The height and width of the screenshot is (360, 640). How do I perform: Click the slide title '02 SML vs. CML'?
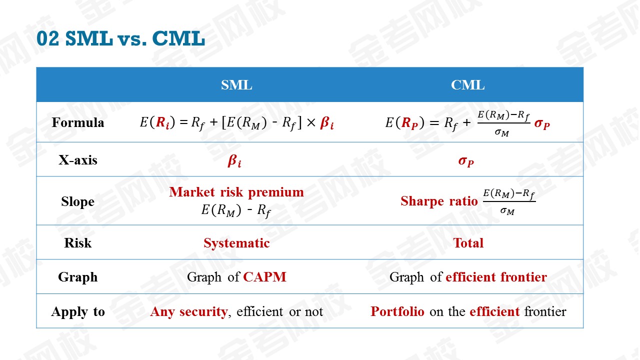point(120,38)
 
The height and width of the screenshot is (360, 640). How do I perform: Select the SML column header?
point(236,85)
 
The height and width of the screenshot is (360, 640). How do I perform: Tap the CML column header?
point(467,85)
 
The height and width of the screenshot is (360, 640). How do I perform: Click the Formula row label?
point(77,122)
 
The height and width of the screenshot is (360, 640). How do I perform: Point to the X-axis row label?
point(77,160)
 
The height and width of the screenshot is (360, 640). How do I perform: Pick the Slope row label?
point(77,201)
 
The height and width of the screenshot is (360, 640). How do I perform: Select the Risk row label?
point(77,243)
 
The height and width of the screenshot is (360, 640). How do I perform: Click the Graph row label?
point(77,277)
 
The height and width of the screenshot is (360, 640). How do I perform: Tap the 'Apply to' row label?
point(77,311)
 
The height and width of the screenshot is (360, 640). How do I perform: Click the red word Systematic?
point(236,243)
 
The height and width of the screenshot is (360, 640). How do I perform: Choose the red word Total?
point(468,243)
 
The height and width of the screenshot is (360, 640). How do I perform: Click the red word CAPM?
point(264,277)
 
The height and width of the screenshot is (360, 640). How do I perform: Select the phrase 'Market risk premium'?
point(236,192)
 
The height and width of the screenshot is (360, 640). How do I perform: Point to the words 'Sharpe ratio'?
point(439,201)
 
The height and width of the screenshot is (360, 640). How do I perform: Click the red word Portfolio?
point(397,311)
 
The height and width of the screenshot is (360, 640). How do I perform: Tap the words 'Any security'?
point(189,311)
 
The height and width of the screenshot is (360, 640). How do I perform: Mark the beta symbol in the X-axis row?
point(234,161)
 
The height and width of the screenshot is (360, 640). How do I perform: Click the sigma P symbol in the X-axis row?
point(466,161)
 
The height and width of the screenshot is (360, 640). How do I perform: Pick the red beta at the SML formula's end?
point(327,123)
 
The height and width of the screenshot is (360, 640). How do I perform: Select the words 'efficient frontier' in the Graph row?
point(496,277)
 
